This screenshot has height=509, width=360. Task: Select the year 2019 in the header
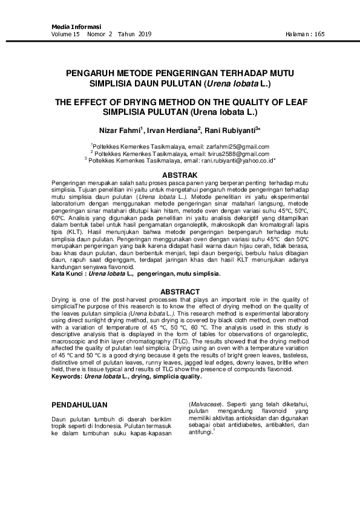pos(144,34)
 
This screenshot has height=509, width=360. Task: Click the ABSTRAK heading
pos(180,174)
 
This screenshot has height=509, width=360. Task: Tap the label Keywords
pos(67,376)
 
